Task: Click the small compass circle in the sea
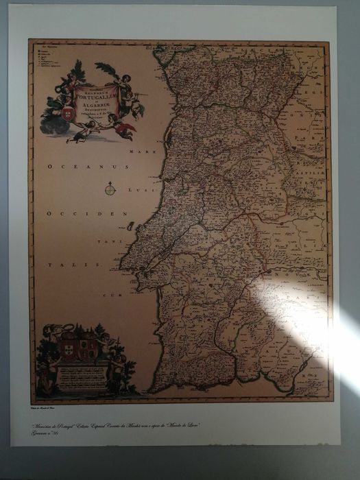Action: coord(110,187)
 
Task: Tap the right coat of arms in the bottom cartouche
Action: coord(88,349)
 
